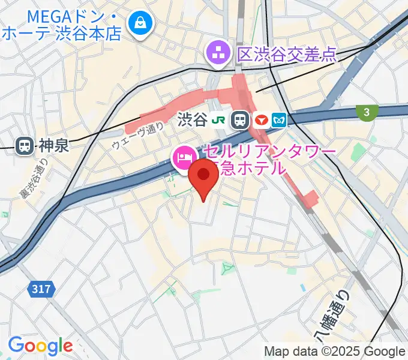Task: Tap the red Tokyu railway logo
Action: coord(261,120)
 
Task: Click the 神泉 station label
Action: coord(55,145)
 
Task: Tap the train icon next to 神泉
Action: coord(25,145)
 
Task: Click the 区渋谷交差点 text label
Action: coord(287,54)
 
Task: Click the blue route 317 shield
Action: coord(41,289)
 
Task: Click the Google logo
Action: coord(40,346)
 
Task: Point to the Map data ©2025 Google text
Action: coord(335,351)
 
